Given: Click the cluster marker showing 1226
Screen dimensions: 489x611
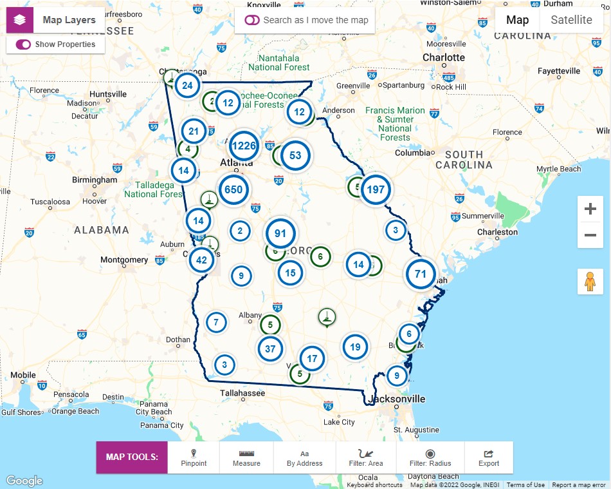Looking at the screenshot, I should (244, 146).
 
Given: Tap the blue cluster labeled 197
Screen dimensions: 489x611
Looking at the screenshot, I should (376, 189).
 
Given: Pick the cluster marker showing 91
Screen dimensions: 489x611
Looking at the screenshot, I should (280, 233).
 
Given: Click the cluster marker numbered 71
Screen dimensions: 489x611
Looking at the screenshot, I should (421, 274).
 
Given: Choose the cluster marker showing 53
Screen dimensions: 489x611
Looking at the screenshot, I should (295, 155).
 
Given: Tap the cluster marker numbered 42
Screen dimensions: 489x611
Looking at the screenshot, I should (202, 260).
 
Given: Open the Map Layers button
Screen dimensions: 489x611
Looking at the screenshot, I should (55, 20).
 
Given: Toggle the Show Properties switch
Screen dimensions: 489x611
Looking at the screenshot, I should (24, 44).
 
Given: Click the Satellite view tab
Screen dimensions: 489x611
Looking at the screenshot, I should (571, 19).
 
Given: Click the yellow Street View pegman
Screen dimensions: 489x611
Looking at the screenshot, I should (590, 282).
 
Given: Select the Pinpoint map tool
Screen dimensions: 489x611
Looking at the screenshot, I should (194, 457).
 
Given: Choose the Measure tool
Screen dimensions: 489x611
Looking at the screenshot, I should (246, 457).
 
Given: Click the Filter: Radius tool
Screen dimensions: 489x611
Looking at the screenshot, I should (430, 457).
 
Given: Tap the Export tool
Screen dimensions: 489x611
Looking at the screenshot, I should (489, 457).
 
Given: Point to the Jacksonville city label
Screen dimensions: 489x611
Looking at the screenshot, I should (396, 399).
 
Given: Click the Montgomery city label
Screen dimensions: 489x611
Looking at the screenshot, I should (124, 260).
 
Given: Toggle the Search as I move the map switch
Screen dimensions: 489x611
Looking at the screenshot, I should (252, 20).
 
